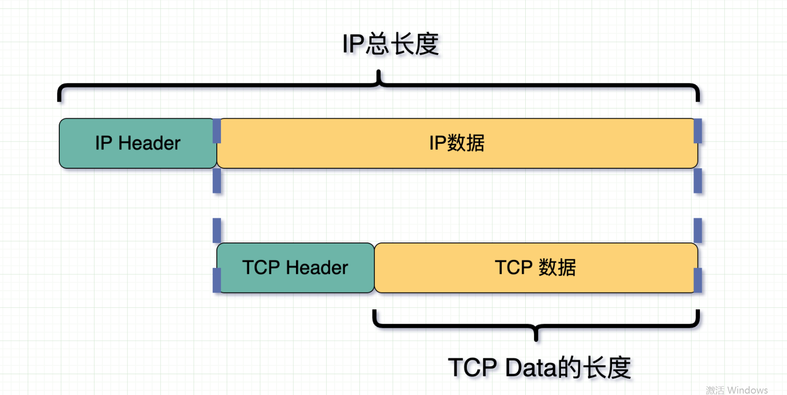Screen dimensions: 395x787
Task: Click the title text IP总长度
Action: click(390, 45)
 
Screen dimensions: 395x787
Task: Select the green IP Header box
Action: click(138, 143)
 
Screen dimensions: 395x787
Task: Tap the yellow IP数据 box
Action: click(457, 143)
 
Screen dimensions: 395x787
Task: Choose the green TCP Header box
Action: click(295, 268)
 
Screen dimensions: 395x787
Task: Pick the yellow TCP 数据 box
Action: click(535, 268)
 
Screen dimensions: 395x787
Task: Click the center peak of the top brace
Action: click(379, 74)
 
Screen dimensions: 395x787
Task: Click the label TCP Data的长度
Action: click(539, 368)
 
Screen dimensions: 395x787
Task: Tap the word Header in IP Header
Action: click(149, 143)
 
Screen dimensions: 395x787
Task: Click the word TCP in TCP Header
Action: click(261, 268)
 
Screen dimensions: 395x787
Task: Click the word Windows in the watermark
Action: click(747, 390)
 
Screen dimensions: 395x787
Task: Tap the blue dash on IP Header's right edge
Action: click(216, 131)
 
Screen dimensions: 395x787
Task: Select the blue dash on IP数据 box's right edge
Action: click(698, 131)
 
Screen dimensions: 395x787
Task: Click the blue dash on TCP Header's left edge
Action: click(216, 280)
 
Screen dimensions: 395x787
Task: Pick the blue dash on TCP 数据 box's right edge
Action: click(698, 280)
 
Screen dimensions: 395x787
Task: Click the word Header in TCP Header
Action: click(317, 268)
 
